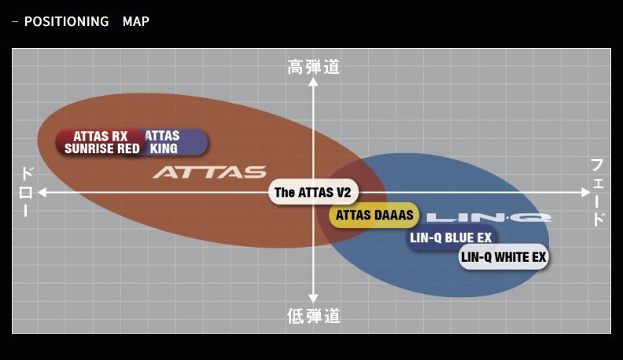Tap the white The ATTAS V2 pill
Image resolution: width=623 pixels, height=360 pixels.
[x=312, y=192]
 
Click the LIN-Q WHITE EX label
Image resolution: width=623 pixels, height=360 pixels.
[x=503, y=257]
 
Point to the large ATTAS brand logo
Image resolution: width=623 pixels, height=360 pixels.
[x=209, y=172]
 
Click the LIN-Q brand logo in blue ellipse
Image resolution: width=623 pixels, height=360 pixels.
[x=488, y=216]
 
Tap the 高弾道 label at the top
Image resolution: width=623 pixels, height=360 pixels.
[x=313, y=68]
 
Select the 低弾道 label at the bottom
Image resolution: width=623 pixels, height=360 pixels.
[x=313, y=316]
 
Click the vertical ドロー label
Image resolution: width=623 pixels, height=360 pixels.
[x=25, y=192]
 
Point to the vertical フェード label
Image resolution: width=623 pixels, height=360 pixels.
[x=598, y=192]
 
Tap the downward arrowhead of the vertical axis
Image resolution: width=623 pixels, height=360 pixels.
[x=313, y=299]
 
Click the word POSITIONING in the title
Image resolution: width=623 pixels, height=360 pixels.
[x=66, y=21]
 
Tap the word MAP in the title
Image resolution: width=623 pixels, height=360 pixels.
[x=135, y=21]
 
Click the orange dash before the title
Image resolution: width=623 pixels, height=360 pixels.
[x=15, y=21]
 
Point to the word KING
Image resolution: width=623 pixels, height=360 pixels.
[x=163, y=149]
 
